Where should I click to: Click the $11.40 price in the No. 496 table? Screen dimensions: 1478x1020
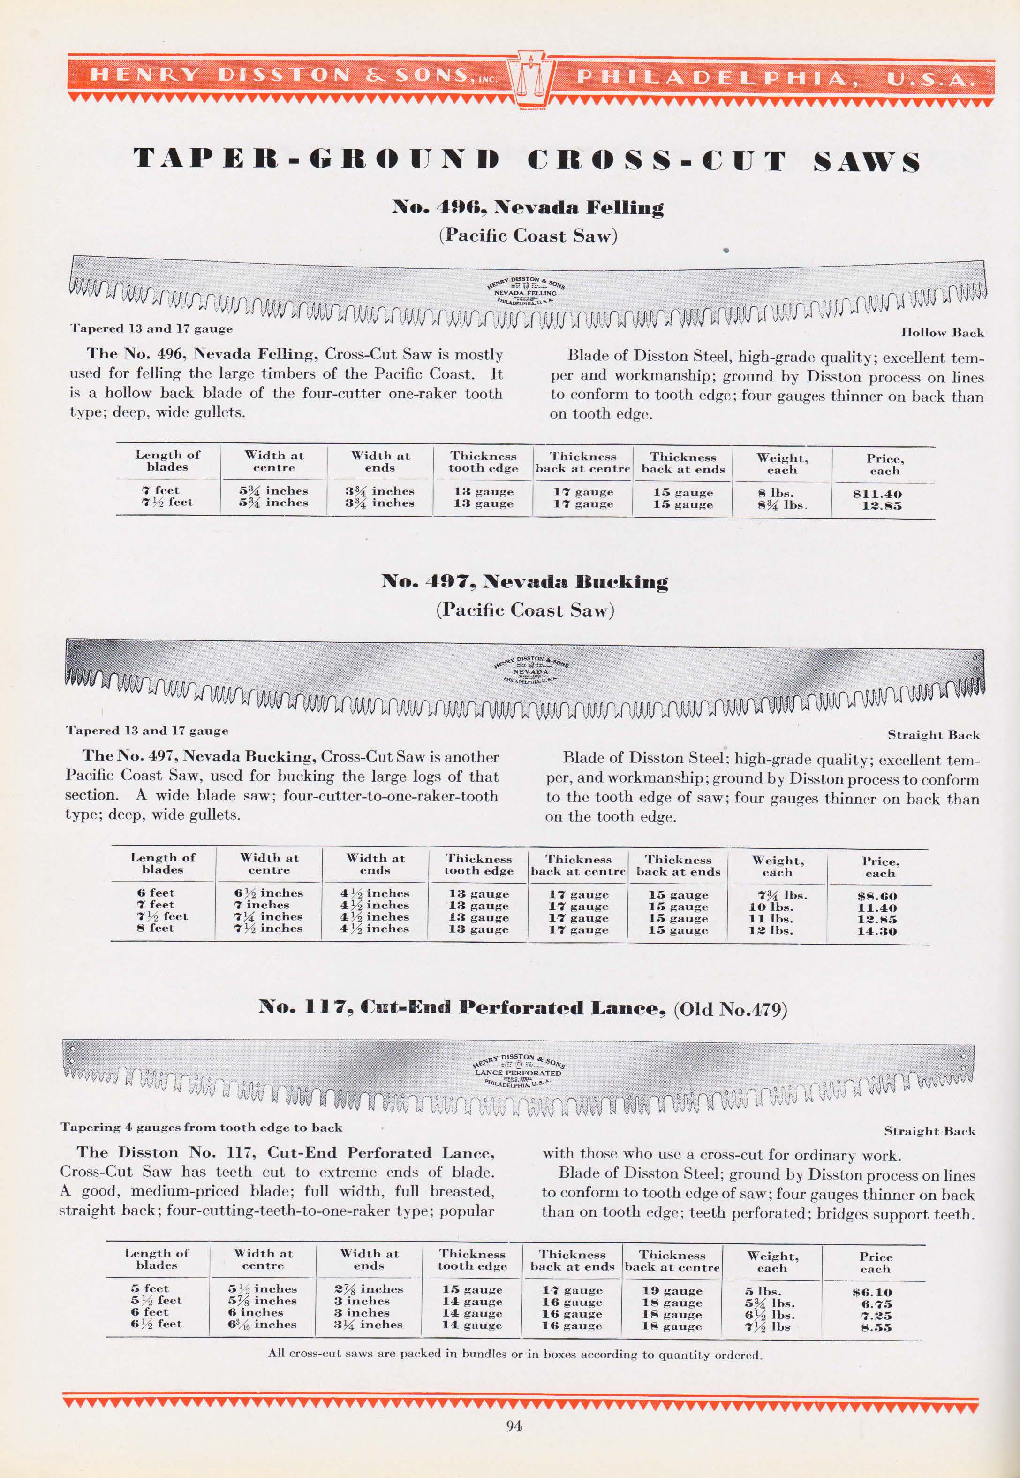(x=881, y=494)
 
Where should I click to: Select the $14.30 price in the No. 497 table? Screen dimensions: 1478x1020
(x=877, y=931)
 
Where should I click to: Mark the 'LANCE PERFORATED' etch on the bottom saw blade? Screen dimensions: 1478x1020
(x=518, y=1073)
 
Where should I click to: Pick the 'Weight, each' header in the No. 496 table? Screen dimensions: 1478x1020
(x=782, y=464)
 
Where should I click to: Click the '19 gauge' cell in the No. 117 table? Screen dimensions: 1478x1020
(x=673, y=1291)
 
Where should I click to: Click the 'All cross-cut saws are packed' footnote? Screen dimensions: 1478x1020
(x=514, y=1354)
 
